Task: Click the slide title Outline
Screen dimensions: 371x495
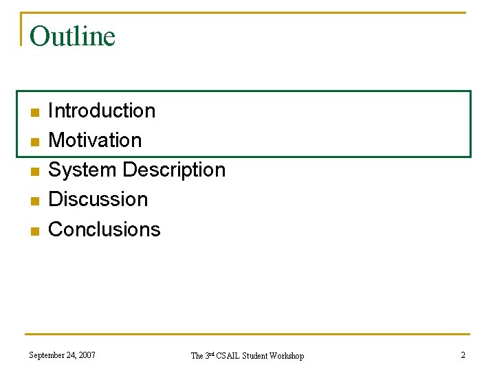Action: (x=72, y=36)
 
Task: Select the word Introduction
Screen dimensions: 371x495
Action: (x=102, y=111)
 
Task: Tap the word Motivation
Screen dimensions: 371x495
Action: (x=95, y=140)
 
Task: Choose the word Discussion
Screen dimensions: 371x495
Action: (x=98, y=199)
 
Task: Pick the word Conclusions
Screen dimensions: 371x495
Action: (x=104, y=229)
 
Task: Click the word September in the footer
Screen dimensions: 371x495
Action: (x=47, y=355)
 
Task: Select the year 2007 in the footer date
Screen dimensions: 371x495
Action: (x=87, y=355)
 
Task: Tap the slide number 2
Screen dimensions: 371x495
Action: (x=463, y=355)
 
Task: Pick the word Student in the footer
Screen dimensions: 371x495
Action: (x=254, y=356)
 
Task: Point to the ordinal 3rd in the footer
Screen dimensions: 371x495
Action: (x=210, y=355)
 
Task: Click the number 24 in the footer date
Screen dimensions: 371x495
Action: (x=71, y=355)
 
